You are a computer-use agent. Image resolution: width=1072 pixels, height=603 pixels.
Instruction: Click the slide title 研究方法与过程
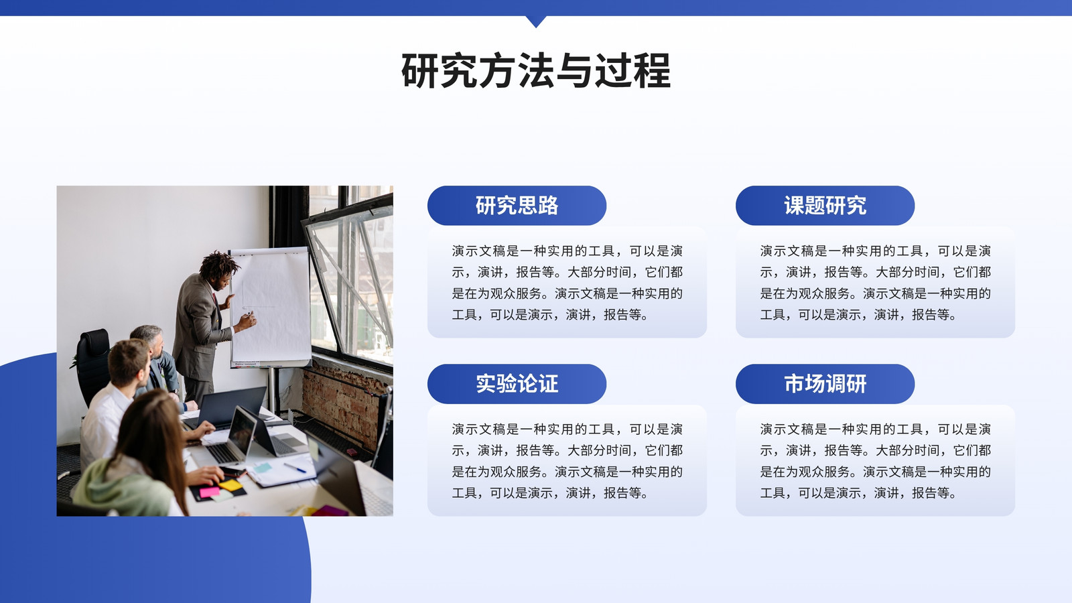[536, 71]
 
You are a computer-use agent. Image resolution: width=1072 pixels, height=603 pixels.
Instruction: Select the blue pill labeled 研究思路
[517, 205]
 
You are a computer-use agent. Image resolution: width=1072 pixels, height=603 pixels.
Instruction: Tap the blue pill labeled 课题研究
[825, 205]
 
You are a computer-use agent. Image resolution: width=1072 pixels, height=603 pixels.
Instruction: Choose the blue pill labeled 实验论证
[517, 384]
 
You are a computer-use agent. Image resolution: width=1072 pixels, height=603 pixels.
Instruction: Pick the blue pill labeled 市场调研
[825, 384]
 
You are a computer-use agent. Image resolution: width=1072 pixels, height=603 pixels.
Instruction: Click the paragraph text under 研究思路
[567, 283]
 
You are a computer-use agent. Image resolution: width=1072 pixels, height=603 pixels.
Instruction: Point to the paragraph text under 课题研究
[875, 283]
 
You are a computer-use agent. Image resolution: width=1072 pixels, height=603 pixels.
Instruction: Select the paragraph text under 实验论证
[567, 461]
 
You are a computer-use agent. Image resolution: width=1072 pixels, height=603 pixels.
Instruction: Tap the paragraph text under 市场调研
[875, 461]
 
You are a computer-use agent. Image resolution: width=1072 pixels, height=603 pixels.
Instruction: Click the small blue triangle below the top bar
[536, 21]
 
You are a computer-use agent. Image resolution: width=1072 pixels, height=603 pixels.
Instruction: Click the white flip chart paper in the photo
[271, 306]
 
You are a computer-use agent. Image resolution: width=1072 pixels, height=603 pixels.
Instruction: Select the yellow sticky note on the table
[230, 485]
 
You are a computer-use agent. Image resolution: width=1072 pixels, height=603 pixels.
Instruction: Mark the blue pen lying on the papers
[295, 468]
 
